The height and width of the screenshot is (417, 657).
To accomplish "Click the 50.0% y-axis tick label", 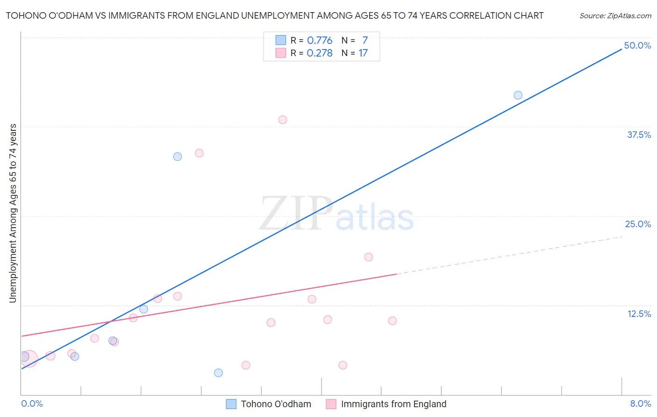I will pos(637,45).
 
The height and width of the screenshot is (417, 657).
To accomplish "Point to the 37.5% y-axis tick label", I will pos(639,135).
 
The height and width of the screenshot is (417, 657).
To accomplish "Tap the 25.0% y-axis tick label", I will pos(638,224).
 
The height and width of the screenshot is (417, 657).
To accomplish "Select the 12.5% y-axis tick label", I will pos(639,314).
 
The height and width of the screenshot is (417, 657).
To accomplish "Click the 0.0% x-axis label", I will pos(32,403).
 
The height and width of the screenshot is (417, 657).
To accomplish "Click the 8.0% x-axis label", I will pos(640,403).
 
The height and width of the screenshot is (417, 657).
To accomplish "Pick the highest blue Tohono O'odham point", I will pos(518,95).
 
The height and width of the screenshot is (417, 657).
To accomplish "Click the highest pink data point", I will pos(283,120).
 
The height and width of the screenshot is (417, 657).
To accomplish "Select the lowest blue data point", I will pos(218,373).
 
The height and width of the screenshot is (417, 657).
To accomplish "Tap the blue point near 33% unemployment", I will pos(178,157).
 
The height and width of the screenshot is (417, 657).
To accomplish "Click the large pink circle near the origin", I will pos(29,359).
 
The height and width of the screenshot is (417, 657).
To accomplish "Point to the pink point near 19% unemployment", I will pos(368,257).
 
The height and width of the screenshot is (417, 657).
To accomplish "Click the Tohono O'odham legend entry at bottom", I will pos(276,404).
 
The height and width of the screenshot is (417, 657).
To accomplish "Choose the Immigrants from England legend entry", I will pos(393,404).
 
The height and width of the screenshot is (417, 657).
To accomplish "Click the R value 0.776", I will pos(320,40).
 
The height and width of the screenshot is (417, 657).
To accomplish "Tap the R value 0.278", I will pos(320,53).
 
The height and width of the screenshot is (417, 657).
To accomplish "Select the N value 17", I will pos(363,53).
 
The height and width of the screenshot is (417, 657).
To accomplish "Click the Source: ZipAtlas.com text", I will pos(615,16).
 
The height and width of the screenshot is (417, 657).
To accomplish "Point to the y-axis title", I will pos(13,213).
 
